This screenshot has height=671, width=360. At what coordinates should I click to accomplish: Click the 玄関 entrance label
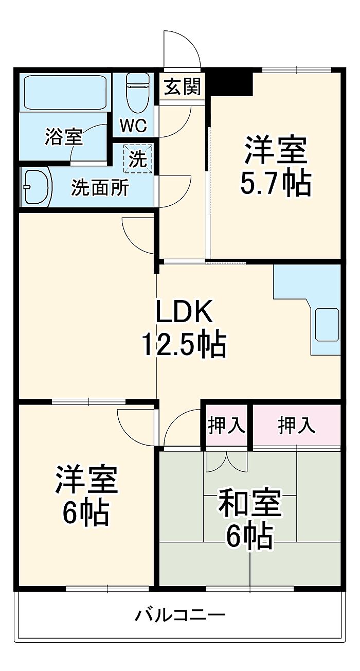(182, 86)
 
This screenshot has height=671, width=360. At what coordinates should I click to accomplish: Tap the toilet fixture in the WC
(137, 93)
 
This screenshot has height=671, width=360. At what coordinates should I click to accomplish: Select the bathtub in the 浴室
(65, 92)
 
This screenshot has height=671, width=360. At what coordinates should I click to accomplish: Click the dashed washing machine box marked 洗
(138, 159)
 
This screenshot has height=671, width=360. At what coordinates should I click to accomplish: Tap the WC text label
(133, 126)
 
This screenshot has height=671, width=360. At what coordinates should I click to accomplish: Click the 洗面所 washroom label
(100, 187)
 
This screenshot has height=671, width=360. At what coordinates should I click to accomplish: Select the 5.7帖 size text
(276, 183)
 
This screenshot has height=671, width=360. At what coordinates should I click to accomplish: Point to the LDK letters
(184, 311)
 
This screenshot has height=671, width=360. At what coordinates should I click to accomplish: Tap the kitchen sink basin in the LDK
(327, 324)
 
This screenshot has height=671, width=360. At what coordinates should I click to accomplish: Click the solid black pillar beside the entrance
(230, 84)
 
